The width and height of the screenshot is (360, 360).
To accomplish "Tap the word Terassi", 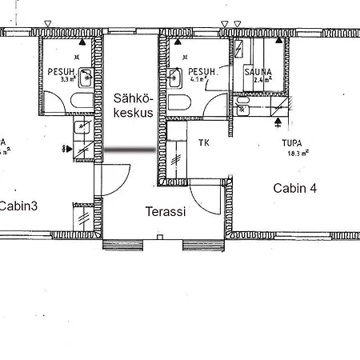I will click(x=166, y=212).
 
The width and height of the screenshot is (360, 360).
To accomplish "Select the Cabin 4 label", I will click(x=295, y=189).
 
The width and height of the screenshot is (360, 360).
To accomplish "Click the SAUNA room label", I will click(x=258, y=71).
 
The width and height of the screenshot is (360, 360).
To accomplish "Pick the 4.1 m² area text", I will click(x=197, y=80).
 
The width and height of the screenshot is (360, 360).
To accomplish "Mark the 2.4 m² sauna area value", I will click(x=262, y=80).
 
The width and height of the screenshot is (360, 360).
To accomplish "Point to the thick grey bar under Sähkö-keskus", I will click(x=131, y=150).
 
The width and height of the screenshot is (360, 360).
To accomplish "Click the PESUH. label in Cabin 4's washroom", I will click(x=202, y=71).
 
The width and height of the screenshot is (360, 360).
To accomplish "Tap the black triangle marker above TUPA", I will click(x=278, y=122).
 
